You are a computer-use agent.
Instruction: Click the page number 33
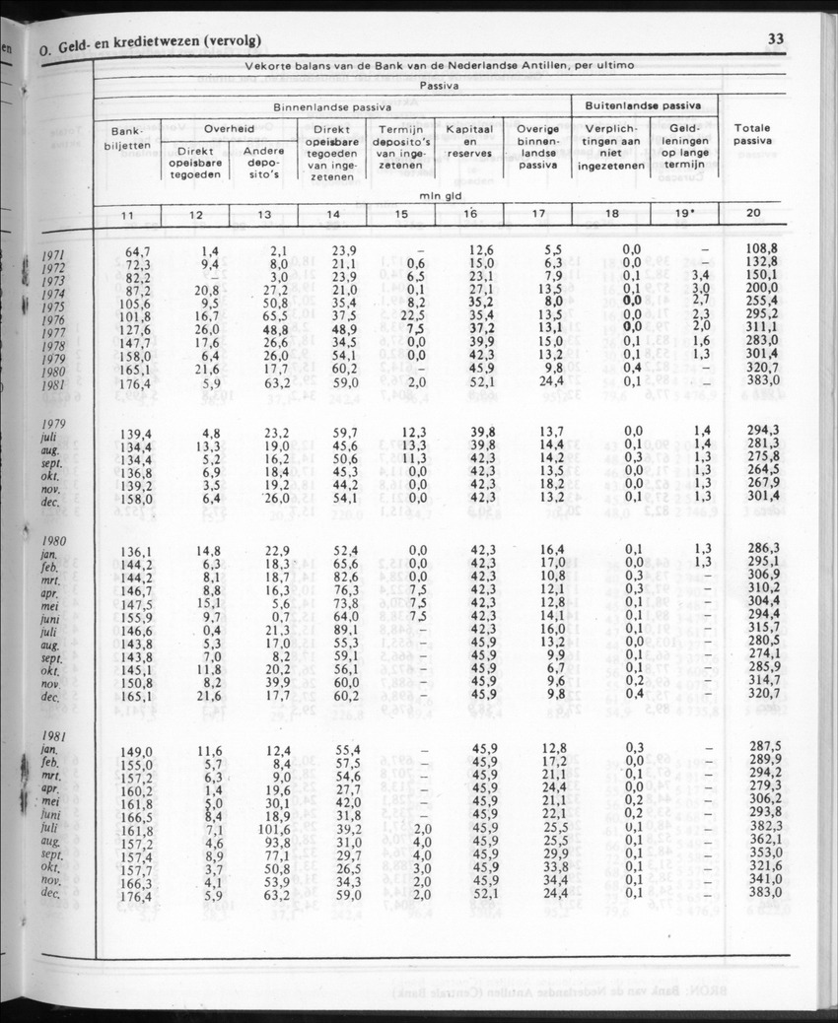click(x=774, y=39)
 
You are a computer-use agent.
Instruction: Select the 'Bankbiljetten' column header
click(x=127, y=137)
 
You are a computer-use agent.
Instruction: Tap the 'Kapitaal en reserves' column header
click(x=469, y=143)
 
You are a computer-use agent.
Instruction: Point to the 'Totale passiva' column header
click(x=752, y=135)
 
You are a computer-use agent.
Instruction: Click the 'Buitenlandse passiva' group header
click(x=643, y=103)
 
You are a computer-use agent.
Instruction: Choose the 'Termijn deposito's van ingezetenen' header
click(x=400, y=147)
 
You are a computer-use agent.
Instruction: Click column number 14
click(x=333, y=213)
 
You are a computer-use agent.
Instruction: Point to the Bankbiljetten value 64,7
click(x=137, y=252)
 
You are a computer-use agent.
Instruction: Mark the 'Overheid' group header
click(x=230, y=129)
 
